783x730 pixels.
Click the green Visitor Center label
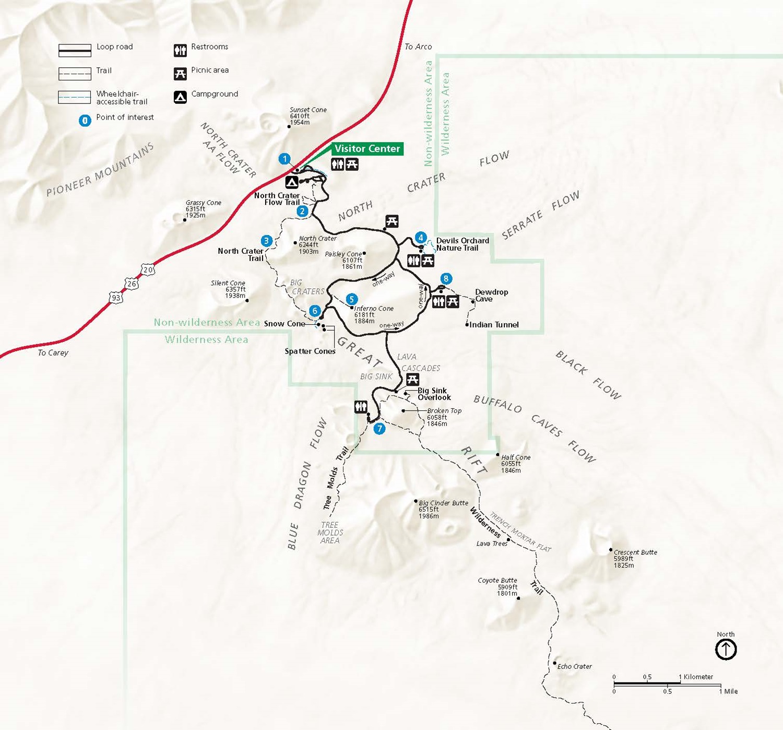[x=367, y=149]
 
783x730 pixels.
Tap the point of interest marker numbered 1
[x=284, y=159]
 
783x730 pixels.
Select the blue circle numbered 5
[x=351, y=299]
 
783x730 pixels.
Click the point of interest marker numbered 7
[x=379, y=429]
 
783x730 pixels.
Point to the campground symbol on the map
[x=292, y=182]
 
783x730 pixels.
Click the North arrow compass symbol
[x=726, y=650]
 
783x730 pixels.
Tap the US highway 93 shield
[x=116, y=298]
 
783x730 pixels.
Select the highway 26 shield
[x=132, y=284]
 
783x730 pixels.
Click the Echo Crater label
[x=574, y=666]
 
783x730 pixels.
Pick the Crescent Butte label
[x=635, y=552]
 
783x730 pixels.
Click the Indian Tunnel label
[x=494, y=325]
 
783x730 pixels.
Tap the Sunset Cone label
[x=308, y=110]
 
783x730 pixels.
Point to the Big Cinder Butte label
[x=443, y=503]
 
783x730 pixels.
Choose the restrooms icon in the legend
[x=180, y=50]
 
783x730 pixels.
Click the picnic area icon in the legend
[x=180, y=74]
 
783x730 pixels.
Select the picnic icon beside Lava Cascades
[x=412, y=380]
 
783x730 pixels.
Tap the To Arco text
[x=418, y=46]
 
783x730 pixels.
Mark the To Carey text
[x=53, y=352]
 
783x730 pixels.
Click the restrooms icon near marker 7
[x=361, y=407]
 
